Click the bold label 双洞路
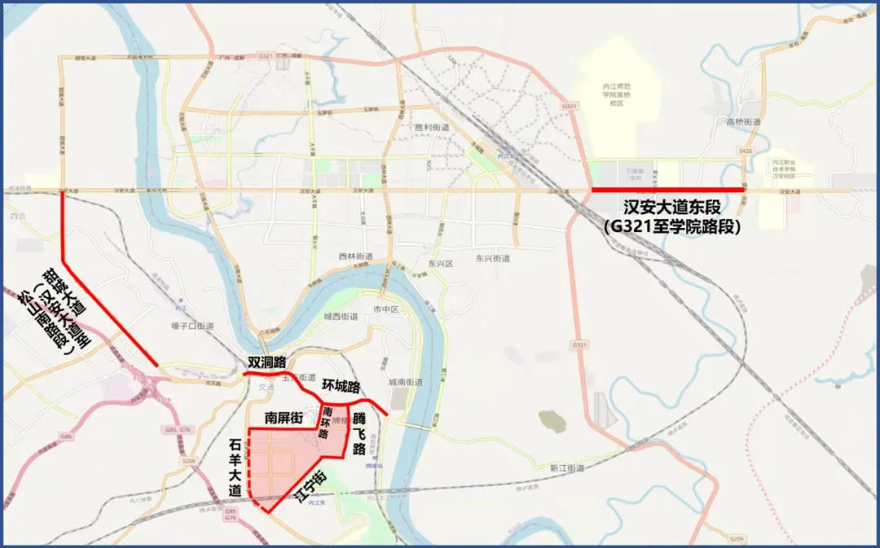pyautogui.click(x=269, y=362)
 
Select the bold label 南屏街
pyautogui.click(x=284, y=418)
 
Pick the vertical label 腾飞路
pyautogui.click(x=359, y=433)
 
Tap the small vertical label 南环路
pyautogui.click(x=326, y=422)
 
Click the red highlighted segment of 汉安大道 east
pyautogui.click(x=667, y=190)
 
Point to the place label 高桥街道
pyautogui.click(x=742, y=121)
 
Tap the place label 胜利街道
pyautogui.click(x=432, y=128)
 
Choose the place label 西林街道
pyautogui.click(x=355, y=256)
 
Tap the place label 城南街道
pyautogui.click(x=405, y=382)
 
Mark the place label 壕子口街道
pyautogui.click(x=192, y=326)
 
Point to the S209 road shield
pyautogui.click(x=737, y=539)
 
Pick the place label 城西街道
pyautogui.click(x=341, y=316)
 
